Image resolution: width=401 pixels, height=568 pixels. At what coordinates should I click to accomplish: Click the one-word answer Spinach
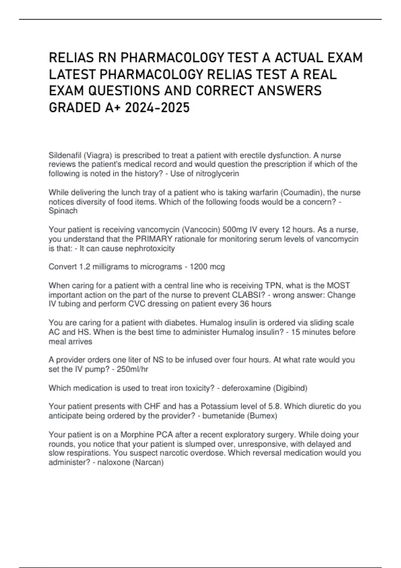pos(63,211)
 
